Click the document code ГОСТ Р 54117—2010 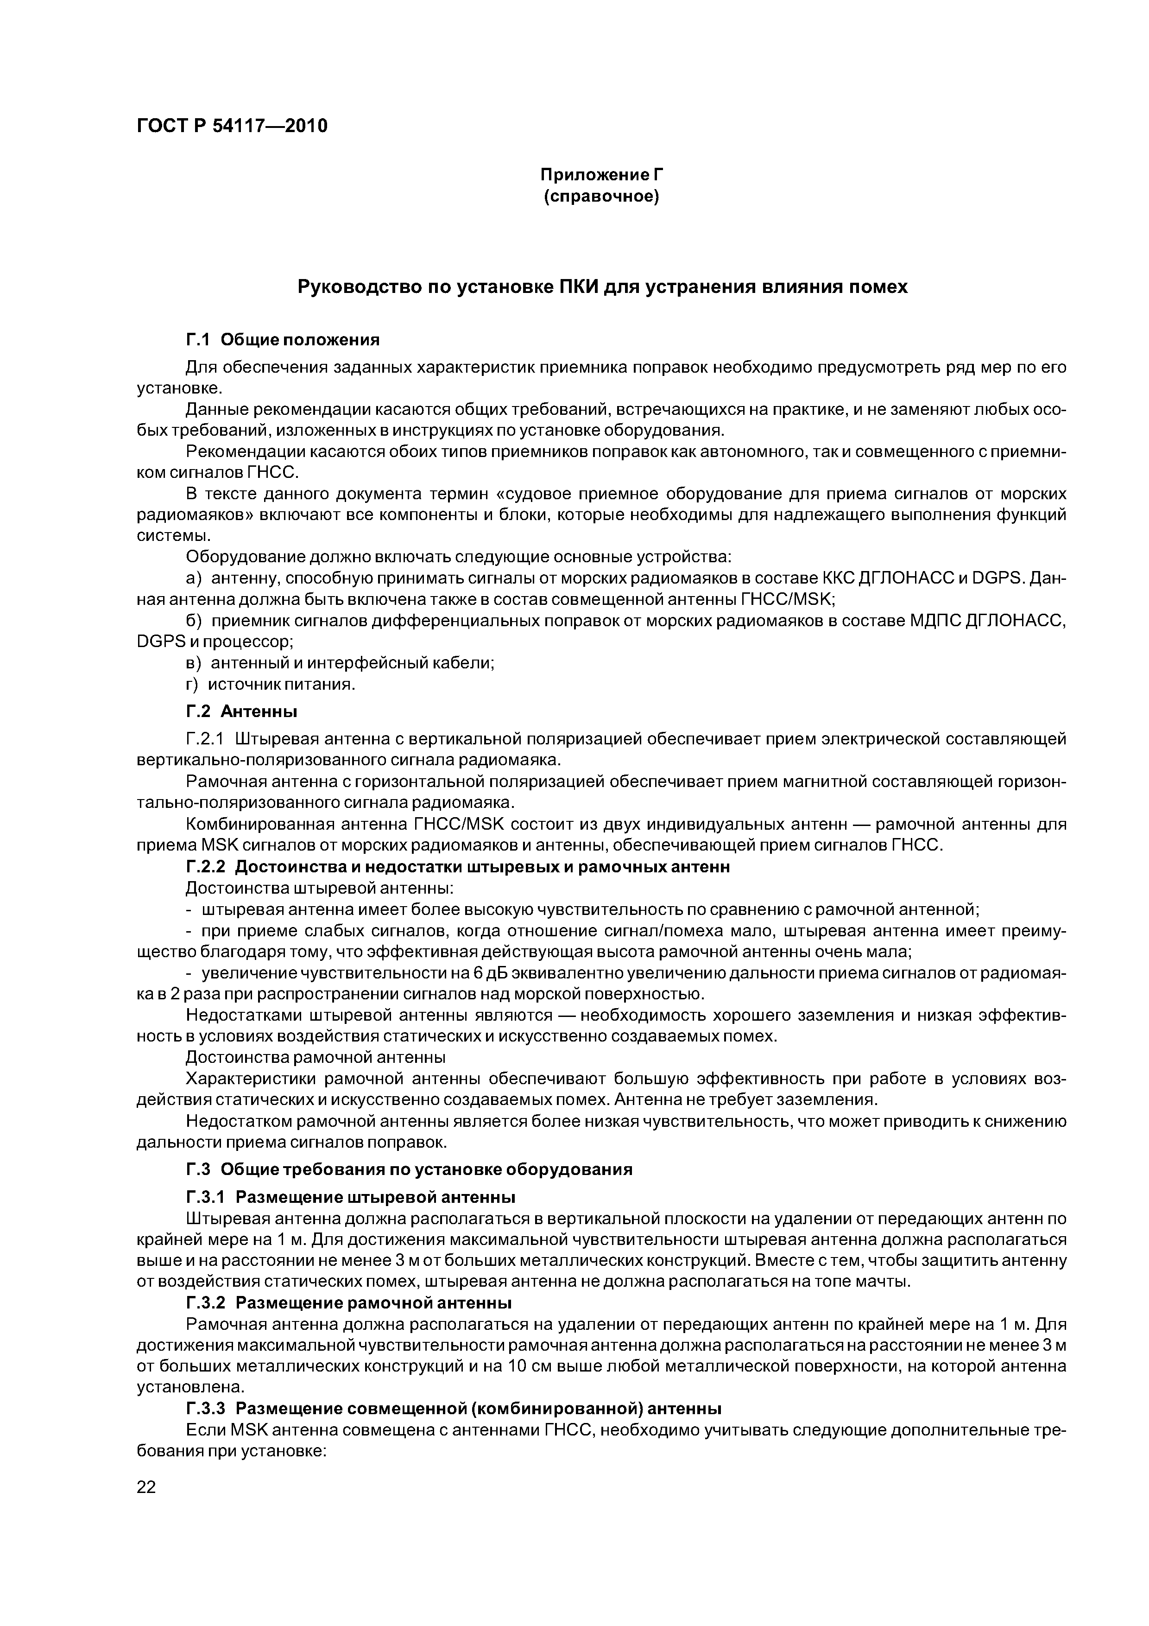232,126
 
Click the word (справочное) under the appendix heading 600,196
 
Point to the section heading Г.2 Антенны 241,710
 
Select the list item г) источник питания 270,684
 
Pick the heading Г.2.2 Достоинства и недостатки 457,866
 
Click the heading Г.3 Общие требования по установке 409,1169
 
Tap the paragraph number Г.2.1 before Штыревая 205,739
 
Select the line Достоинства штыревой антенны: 319,887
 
